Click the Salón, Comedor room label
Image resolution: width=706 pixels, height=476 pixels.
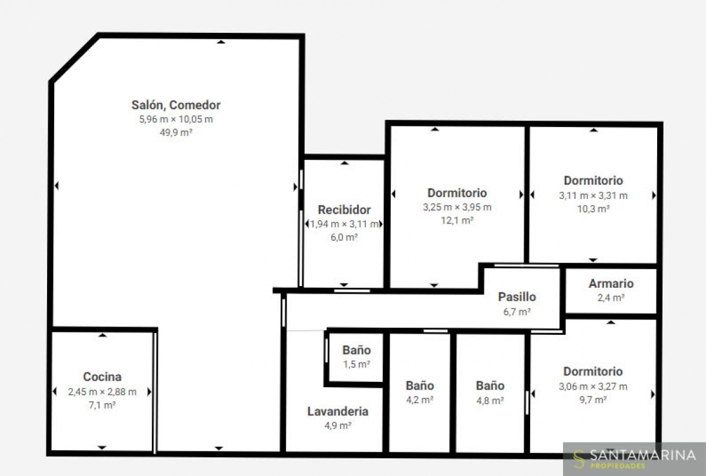[176, 105]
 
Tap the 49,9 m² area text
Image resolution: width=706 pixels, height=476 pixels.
[176, 132]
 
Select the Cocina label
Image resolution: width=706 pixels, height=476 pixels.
[102, 377]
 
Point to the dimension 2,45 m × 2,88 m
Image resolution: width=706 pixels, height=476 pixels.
[102, 392]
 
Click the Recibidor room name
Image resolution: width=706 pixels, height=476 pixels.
[344, 209]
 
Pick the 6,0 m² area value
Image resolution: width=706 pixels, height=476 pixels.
[344, 237]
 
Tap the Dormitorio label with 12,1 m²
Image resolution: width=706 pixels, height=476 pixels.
[457, 193]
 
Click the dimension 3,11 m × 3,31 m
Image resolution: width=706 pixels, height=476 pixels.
[593, 196]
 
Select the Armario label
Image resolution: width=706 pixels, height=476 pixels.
[611, 284]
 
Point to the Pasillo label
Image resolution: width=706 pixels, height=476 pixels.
[517, 297]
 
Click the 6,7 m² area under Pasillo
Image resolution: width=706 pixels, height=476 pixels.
[517, 312]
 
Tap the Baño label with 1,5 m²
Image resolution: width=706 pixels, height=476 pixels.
[357, 350]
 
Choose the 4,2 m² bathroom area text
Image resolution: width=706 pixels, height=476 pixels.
[420, 400]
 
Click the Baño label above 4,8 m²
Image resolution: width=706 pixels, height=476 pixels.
[490, 385]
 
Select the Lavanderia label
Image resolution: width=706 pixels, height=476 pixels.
[338, 411]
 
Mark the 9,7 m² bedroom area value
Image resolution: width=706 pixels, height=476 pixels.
[593, 400]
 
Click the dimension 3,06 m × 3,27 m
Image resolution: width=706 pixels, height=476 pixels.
[593, 387]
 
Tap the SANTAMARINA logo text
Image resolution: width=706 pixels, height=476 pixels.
[642, 455]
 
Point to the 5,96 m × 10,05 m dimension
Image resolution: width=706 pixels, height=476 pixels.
[176, 119]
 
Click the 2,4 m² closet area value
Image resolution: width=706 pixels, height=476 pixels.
[611, 298]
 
